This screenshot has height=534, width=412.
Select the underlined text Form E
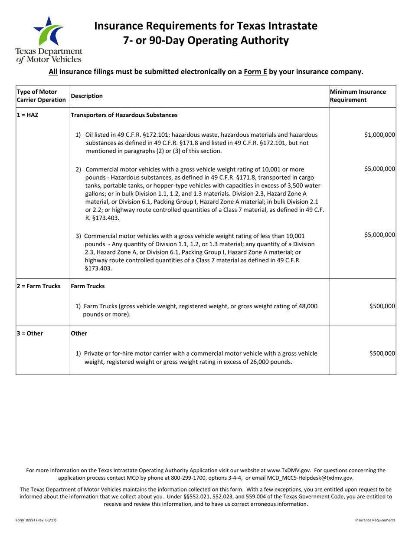255,72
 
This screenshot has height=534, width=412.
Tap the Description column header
87,96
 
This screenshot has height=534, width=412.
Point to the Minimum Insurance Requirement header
358,96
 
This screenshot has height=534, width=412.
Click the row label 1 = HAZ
28,115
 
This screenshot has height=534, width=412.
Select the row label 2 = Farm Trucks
39,286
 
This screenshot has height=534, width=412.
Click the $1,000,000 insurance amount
379,135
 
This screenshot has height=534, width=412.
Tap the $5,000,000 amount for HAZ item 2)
379,169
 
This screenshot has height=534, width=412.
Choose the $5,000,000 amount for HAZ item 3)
379,235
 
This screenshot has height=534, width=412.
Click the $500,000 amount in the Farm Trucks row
382,306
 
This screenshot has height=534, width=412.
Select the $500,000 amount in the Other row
382,353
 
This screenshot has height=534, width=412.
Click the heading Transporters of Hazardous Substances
124,115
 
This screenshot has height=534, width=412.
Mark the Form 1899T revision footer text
33,520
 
